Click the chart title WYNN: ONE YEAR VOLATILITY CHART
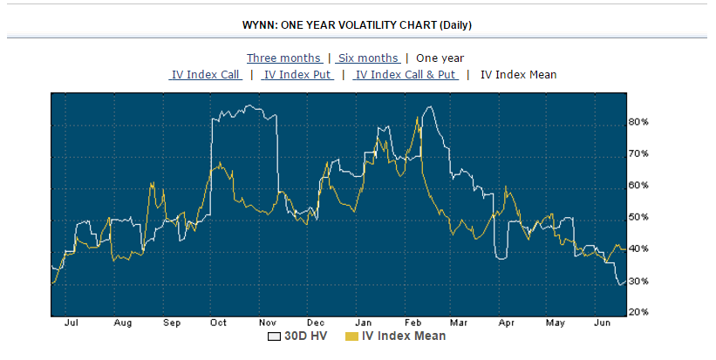358,25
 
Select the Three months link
284,58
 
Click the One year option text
440,58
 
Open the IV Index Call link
206,74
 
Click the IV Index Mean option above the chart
518,74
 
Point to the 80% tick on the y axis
638,122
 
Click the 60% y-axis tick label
638,186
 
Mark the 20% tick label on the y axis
638,312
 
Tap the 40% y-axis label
638,249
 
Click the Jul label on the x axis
72,323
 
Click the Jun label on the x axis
601,323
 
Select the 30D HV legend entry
302,336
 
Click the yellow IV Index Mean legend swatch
353,336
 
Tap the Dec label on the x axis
315,323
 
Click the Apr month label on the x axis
506,323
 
